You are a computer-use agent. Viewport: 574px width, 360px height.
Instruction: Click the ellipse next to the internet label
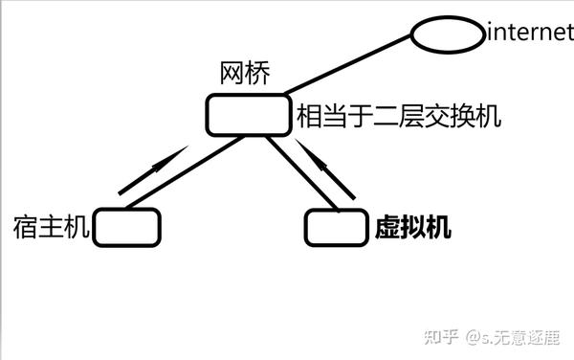point(448,34)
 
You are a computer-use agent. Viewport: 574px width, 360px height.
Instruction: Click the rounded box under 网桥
point(248,115)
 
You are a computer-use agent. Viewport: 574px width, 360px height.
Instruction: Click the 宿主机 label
point(52,227)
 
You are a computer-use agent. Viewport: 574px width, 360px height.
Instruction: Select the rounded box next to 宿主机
point(127,226)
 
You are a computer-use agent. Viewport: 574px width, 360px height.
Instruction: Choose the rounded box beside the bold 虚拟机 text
point(336,227)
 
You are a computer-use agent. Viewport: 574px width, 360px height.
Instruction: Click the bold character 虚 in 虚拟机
point(384,228)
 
